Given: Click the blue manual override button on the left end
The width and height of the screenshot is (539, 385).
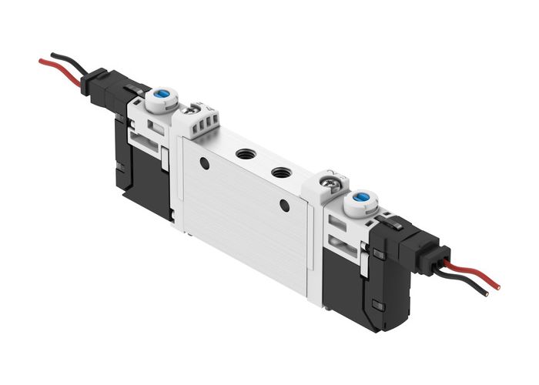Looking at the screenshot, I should [162, 99].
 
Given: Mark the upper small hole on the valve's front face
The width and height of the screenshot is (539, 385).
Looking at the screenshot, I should [204, 162].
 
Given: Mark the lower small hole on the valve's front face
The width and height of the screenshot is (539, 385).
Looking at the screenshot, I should [285, 205].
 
